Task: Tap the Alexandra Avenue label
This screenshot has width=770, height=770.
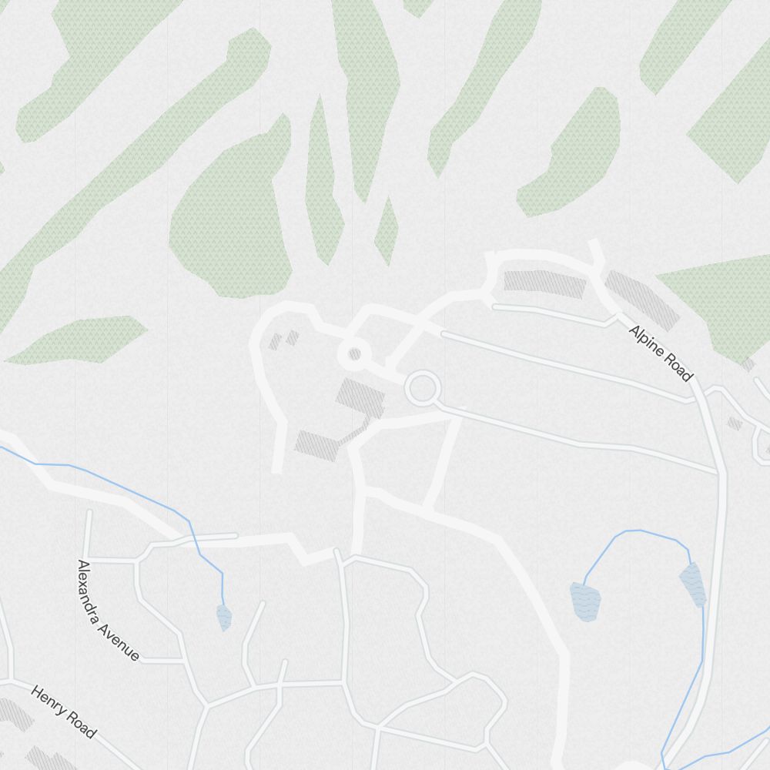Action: (107, 611)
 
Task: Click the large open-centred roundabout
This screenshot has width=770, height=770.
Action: (422, 389)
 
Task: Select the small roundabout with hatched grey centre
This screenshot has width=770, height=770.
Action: (354, 355)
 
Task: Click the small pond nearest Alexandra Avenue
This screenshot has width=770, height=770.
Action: (224, 617)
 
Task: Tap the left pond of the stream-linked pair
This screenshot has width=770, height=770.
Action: (584, 601)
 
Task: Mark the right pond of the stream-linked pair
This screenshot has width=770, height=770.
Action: (692, 584)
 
